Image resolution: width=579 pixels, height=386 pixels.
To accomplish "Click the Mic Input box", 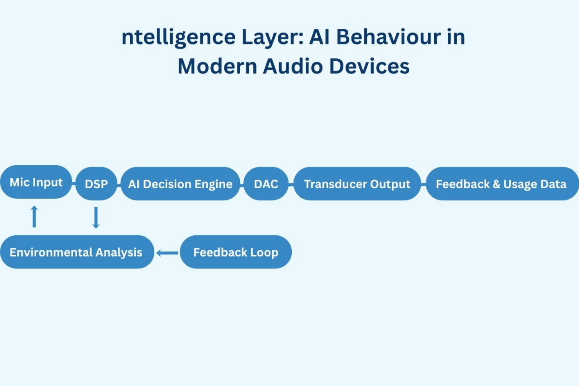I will click(36, 182).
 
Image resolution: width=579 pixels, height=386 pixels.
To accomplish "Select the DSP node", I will click(96, 184).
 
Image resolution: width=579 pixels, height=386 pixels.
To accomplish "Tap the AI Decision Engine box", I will click(180, 184).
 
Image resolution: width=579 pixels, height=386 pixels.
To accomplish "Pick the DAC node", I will click(266, 184).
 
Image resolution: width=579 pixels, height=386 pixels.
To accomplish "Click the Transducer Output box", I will click(357, 184).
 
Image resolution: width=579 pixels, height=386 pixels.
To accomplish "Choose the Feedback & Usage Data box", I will click(501, 184).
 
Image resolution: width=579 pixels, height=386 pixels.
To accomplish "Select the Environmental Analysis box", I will click(76, 252).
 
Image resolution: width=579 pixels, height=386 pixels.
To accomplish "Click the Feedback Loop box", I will click(236, 252).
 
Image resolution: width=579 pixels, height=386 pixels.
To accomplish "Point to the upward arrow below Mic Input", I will click(34, 216).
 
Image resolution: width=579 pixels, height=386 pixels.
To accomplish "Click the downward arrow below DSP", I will click(95, 217).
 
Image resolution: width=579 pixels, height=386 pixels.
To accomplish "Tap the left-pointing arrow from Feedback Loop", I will click(167, 253).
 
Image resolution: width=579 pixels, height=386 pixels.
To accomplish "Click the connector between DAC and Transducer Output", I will click(291, 184).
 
